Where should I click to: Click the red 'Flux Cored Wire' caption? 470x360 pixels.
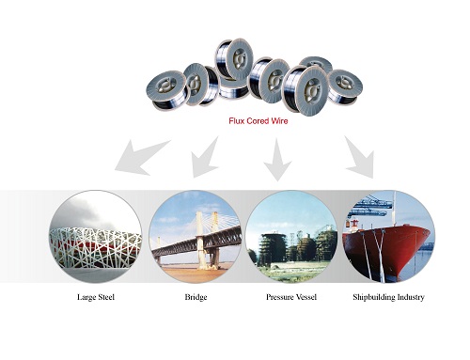[x=258, y=121]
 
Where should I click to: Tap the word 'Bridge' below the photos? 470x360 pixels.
[x=196, y=297]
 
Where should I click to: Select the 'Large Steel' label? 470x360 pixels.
[x=96, y=297]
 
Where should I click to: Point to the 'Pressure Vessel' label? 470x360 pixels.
[x=291, y=297]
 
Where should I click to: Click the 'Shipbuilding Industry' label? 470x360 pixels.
[x=388, y=297]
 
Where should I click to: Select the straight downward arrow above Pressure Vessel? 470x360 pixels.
[x=277, y=160]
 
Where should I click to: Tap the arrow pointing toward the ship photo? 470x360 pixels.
[x=360, y=158]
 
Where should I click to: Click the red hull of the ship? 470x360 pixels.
[x=392, y=247]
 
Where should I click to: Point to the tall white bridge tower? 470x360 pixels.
[x=200, y=238]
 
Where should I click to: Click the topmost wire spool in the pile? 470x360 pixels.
[x=234, y=58]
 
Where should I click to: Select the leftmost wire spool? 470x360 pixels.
[x=165, y=88]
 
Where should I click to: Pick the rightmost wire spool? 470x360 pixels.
[x=345, y=86]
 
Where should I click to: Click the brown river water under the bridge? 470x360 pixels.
[x=195, y=272]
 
